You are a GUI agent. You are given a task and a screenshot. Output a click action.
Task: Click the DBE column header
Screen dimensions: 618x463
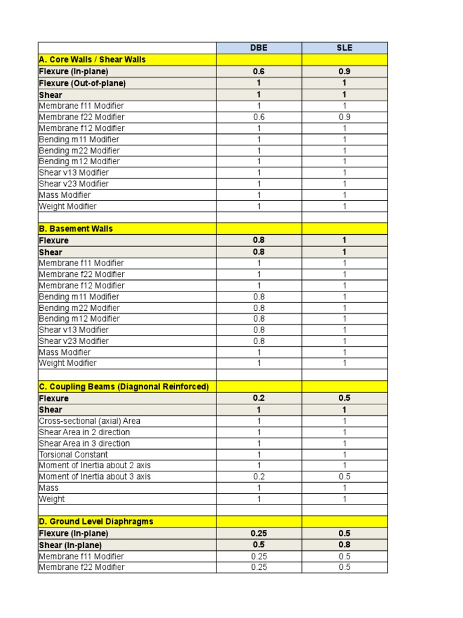point(259,48)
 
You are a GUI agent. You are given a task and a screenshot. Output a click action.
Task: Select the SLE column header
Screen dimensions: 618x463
point(344,48)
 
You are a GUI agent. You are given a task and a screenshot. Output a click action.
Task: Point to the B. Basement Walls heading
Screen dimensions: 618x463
point(76,229)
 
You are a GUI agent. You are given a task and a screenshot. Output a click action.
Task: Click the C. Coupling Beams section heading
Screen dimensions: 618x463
point(124,386)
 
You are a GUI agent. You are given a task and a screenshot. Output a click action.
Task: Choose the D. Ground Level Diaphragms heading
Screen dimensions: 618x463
point(96,521)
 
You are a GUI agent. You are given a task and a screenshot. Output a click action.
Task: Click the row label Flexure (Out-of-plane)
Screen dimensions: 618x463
point(83,83)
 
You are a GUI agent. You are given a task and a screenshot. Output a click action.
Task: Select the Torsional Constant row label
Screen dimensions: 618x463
point(74,454)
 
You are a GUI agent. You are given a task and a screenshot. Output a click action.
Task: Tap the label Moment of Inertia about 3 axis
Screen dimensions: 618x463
point(95,477)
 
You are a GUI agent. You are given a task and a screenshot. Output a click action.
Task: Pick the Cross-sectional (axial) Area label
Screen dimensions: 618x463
point(90,421)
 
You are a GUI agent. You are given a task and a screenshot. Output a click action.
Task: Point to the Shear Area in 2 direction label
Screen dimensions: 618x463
point(84,432)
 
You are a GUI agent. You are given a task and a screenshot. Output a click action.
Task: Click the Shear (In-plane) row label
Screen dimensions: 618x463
point(70,544)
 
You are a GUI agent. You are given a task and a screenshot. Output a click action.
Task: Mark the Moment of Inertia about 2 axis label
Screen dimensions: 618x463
point(95,465)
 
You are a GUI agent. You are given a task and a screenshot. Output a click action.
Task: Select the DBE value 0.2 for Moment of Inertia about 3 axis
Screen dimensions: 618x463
point(259,477)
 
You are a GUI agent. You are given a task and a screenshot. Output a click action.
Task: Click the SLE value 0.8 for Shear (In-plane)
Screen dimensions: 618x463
point(344,544)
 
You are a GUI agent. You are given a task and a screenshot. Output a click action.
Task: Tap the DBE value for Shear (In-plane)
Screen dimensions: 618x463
point(259,544)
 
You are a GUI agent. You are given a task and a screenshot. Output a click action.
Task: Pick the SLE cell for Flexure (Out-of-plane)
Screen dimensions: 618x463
point(344,83)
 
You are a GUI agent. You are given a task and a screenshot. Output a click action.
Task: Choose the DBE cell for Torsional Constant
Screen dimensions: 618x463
point(259,454)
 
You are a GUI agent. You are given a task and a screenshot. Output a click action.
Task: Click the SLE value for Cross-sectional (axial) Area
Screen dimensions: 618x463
point(344,421)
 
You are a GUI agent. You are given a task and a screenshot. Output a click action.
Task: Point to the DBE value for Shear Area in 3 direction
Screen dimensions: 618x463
point(259,443)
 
